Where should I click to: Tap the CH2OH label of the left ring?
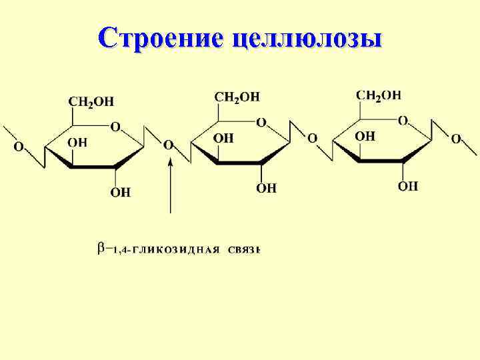(x=91, y=102)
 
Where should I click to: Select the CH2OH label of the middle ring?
(x=237, y=97)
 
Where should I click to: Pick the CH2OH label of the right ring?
(x=379, y=95)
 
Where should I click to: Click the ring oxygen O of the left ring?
(x=115, y=127)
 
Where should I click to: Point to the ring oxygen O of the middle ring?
(x=261, y=123)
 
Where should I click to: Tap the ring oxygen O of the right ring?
(x=403, y=121)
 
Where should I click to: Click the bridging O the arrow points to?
(x=169, y=145)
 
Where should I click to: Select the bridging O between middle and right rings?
(x=312, y=139)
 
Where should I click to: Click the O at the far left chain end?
(x=19, y=146)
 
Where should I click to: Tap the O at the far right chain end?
(x=456, y=139)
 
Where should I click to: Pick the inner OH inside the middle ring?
(x=223, y=138)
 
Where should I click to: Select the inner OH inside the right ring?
(x=365, y=136)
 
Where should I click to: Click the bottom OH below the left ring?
(x=120, y=193)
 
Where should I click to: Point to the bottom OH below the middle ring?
(x=266, y=189)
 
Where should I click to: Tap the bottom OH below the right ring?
(x=408, y=186)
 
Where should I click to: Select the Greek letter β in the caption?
(x=102, y=249)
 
